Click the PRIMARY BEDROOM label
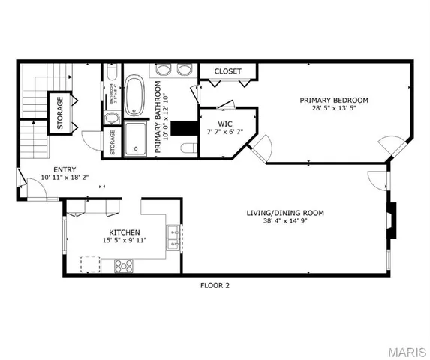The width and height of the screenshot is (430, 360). [334, 100]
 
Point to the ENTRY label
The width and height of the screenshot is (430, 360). [63, 169]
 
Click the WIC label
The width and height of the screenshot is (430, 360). [225, 124]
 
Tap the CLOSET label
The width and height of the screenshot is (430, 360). [228, 71]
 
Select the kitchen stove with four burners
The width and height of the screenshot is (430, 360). [124, 265]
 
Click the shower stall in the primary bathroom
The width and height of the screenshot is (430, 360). [136, 138]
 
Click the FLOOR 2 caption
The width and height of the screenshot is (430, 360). [215, 285]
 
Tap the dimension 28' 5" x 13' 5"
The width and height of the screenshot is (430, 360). [334, 108]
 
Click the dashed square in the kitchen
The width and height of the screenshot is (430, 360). [91, 263]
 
